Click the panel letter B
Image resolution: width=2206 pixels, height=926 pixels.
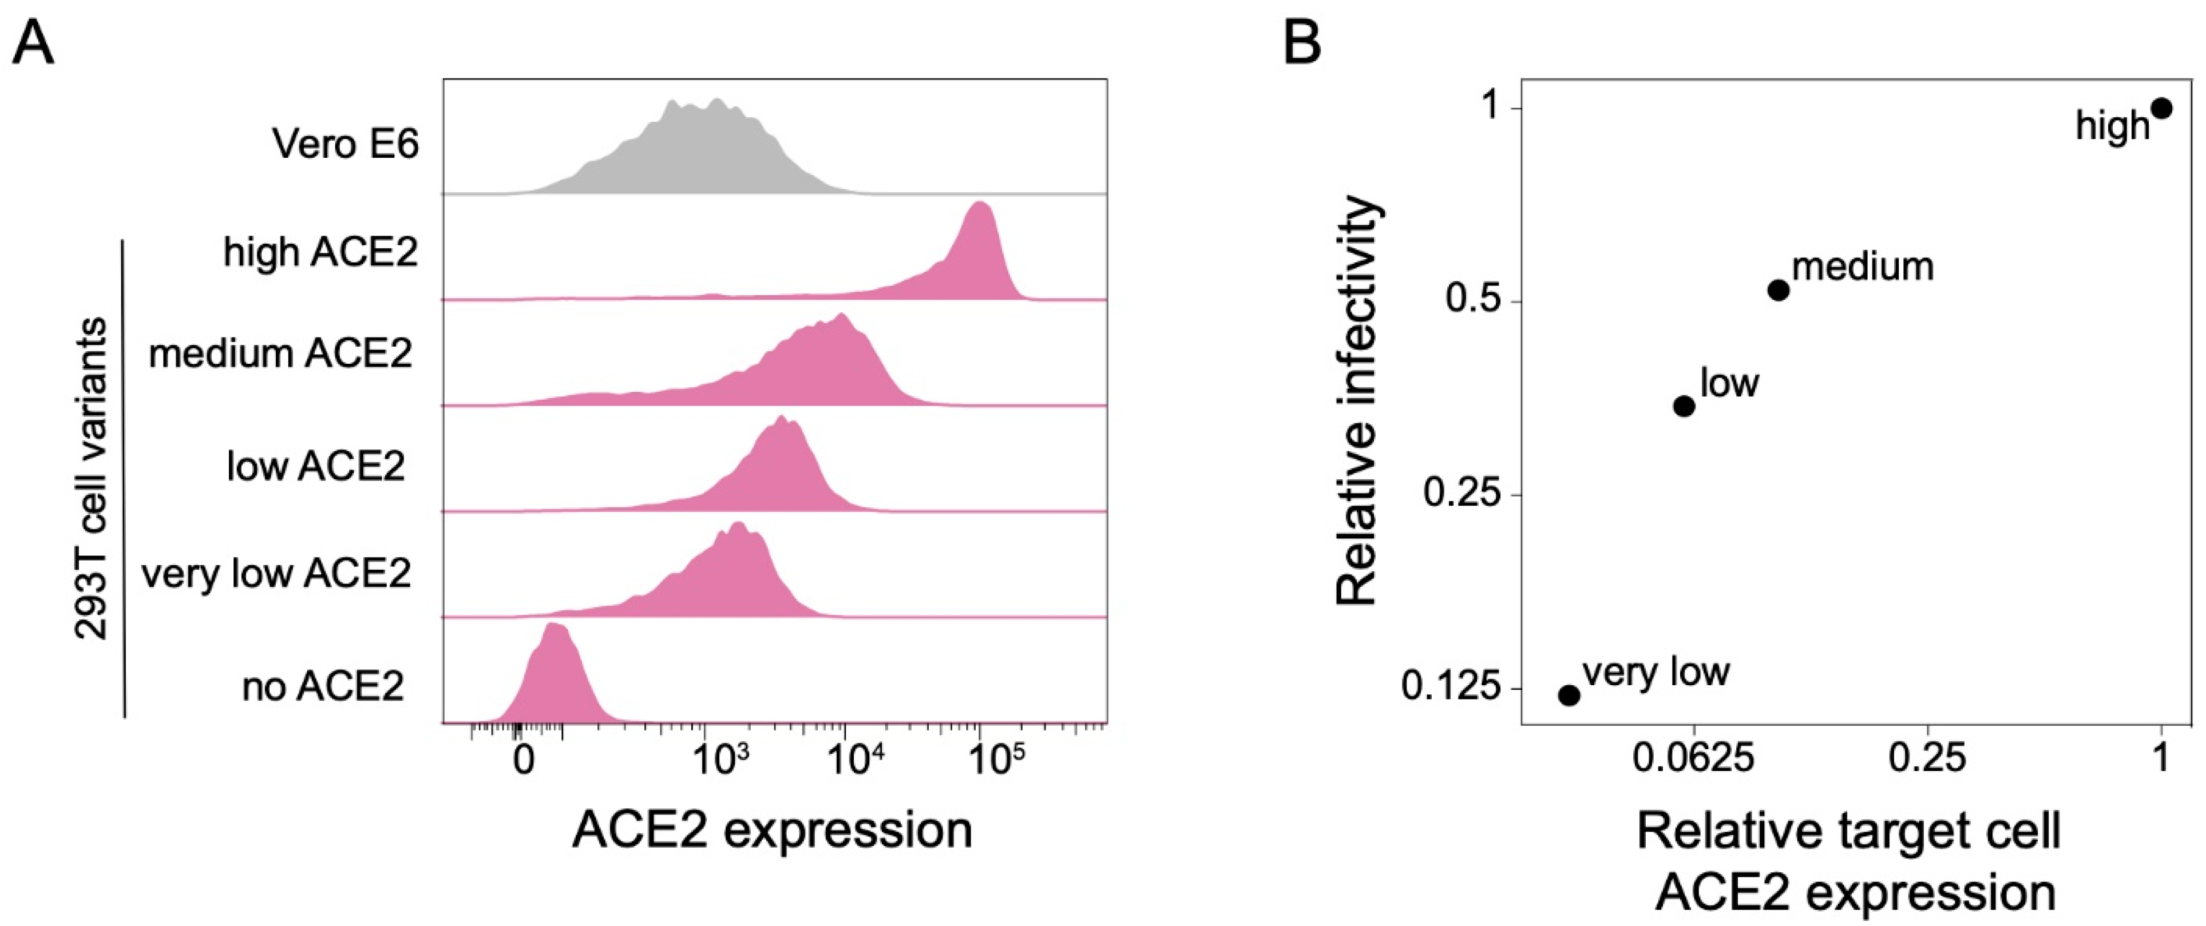pos(1302,43)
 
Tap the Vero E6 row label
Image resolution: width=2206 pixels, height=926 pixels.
pos(345,143)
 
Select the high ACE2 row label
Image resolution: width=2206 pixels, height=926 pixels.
pos(320,252)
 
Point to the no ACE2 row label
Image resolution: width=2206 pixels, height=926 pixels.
pos(323,686)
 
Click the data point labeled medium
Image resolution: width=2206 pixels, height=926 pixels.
pos(1778,290)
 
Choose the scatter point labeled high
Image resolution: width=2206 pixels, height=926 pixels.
pos(2161,132)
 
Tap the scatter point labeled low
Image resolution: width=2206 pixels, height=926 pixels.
pos(1684,406)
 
